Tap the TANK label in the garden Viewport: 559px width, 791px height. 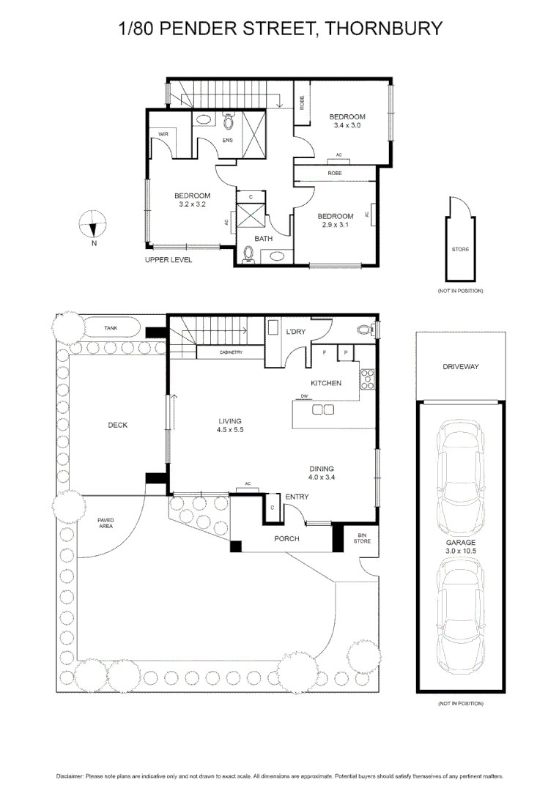click(111, 328)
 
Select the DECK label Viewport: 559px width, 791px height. click(117, 426)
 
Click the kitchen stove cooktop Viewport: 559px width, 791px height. click(367, 380)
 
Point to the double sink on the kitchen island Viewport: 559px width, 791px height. click(323, 409)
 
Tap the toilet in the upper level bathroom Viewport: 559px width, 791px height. click(249, 254)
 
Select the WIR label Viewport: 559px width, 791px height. click(163, 134)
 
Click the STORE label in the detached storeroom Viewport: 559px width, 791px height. click(460, 249)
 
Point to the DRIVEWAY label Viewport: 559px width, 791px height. click(461, 367)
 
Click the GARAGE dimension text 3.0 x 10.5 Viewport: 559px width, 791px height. click(461, 551)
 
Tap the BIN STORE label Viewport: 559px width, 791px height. click(362, 538)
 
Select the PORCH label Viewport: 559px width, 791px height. click(286, 539)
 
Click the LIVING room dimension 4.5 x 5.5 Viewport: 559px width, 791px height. click(230, 430)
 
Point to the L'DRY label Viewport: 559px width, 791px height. click(296, 332)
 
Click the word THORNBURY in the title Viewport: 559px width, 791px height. click(383, 29)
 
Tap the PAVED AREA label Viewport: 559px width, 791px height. click(105, 523)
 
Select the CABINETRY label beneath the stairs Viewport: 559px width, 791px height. click(231, 352)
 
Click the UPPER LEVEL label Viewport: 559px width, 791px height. click(169, 260)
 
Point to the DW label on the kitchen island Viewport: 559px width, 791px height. click(304, 396)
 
